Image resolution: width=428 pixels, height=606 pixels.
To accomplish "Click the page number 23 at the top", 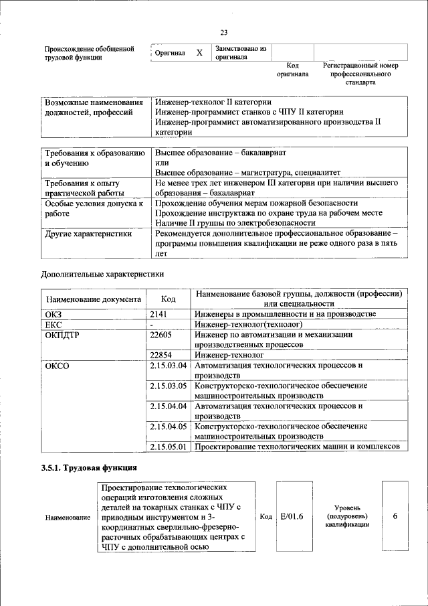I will [x=223, y=32].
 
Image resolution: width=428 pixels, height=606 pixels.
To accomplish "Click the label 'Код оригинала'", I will [x=292, y=70].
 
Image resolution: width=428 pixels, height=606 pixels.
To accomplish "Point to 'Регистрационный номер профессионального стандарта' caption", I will [x=360, y=74].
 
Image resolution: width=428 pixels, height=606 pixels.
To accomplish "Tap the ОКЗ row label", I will [x=53, y=314].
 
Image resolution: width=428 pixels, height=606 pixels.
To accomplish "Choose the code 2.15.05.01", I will [x=169, y=446].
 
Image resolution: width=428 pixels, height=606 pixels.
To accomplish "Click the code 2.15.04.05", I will [x=169, y=426].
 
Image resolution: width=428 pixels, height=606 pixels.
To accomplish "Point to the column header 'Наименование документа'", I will [x=93, y=300].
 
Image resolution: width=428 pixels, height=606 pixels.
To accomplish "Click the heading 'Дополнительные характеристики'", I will [x=102, y=274].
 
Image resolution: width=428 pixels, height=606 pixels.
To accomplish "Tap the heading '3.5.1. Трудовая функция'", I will [x=89, y=468].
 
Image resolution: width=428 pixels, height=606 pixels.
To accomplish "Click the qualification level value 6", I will [x=395, y=516].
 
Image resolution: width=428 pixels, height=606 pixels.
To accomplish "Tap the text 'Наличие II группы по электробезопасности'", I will [x=235, y=222].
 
